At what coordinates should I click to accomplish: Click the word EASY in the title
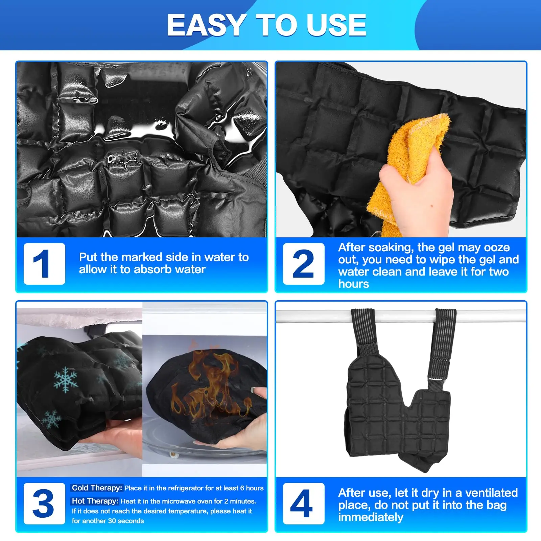(207, 25)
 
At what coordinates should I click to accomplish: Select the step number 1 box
(44, 264)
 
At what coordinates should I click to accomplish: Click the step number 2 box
(304, 264)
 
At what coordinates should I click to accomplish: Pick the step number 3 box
(44, 503)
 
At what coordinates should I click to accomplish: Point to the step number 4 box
(304, 503)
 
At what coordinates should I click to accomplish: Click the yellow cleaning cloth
(409, 169)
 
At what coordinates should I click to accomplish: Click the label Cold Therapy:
(97, 488)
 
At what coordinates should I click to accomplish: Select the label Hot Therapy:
(95, 501)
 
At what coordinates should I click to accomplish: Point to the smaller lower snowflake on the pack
(51, 419)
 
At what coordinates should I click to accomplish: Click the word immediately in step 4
(371, 517)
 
